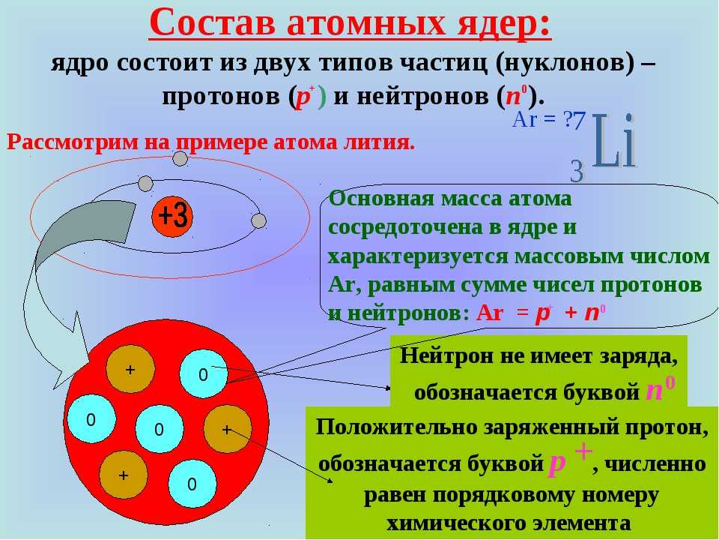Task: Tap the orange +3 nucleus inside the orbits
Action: tap(172, 217)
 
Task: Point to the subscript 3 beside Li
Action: tap(577, 171)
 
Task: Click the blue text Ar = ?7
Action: tap(549, 120)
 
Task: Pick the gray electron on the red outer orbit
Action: tap(180, 159)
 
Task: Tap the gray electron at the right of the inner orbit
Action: tap(258, 220)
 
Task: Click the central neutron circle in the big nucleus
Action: tap(159, 429)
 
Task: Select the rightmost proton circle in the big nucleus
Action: tap(227, 429)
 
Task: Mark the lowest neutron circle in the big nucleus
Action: tap(192, 484)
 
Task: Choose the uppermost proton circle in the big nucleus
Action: tap(130, 369)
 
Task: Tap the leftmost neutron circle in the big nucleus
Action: tap(91, 419)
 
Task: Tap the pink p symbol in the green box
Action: tap(557, 465)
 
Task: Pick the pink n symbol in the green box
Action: tap(654, 391)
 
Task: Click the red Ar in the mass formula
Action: tap(490, 313)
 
